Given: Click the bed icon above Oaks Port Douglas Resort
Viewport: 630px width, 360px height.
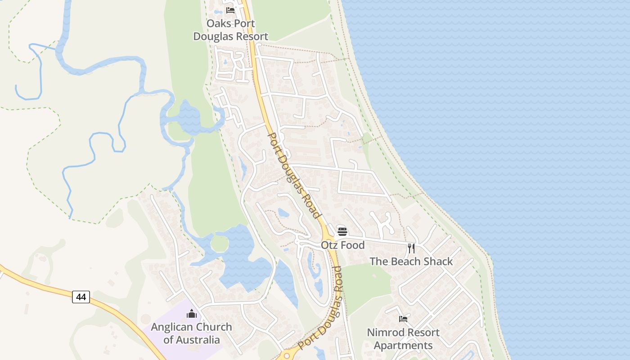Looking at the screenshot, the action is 230,10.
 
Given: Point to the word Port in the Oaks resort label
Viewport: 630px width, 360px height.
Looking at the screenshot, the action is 244,23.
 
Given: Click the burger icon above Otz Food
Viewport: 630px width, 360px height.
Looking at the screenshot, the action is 342,232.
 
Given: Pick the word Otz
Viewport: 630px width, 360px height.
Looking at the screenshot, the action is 328,245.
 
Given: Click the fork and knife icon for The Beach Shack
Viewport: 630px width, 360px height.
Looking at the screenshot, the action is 411,248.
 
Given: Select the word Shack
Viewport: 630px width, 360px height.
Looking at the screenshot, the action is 437,261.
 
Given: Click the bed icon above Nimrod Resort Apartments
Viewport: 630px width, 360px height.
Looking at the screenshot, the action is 403,319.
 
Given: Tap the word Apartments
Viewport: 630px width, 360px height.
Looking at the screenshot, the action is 403,346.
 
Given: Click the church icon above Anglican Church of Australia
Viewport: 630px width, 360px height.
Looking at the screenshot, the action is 192,314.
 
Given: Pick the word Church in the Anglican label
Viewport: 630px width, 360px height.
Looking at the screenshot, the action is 213,327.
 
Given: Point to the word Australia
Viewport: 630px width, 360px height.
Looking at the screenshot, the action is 198,340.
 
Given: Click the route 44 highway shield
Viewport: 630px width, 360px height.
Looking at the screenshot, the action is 81,297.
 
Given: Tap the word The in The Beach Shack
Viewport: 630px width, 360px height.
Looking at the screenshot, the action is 378,261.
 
